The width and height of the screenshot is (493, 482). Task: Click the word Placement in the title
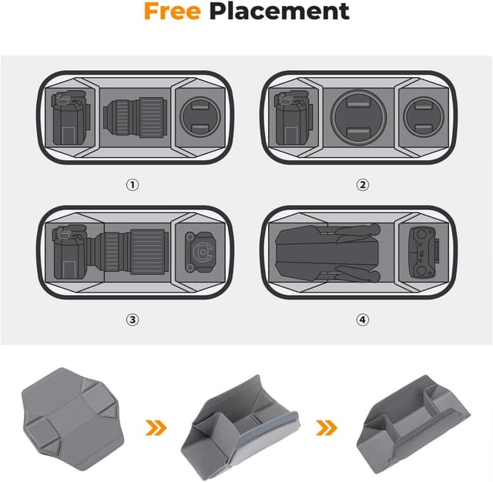pyautogui.click(x=279, y=12)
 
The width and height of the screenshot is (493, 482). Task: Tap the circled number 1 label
pyautogui.click(x=132, y=185)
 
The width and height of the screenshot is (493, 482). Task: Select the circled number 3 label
pyautogui.click(x=132, y=320)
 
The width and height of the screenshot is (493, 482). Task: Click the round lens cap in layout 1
pyautogui.click(x=200, y=119)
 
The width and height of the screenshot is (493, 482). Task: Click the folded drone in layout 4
pyautogui.click(x=327, y=251)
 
